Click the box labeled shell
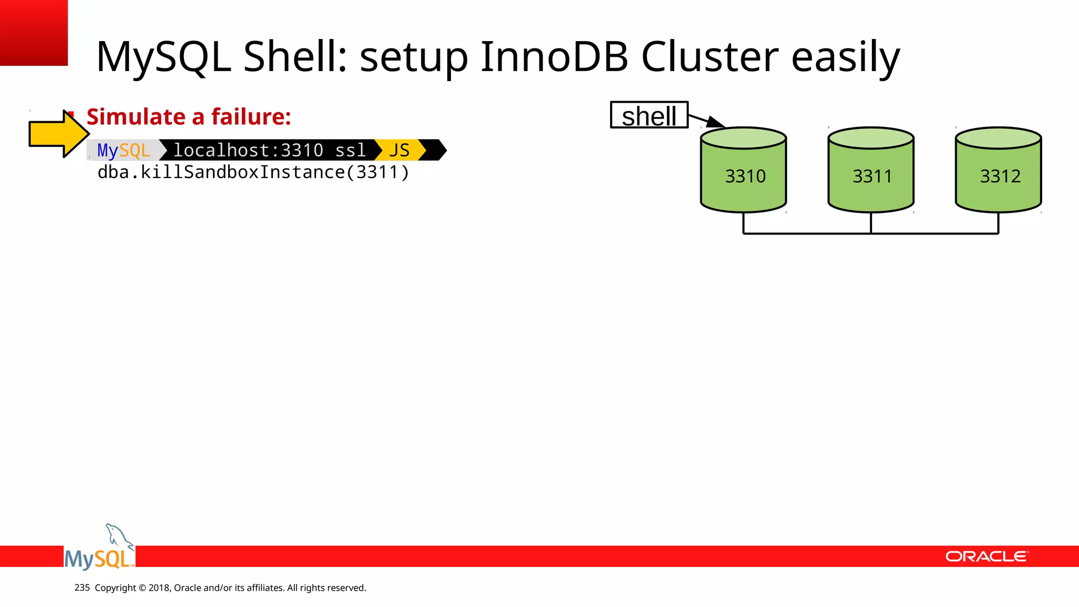point(649,115)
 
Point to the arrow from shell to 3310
point(706,120)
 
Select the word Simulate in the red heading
point(136,116)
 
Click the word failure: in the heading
point(251,116)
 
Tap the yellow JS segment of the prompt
point(399,150)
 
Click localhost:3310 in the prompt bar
point(248,150)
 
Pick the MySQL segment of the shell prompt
point(123,150)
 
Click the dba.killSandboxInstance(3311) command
point(253,172)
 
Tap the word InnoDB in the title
point(554,56)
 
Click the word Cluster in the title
point(709,56)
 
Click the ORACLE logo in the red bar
point(986,556)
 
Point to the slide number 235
point(82,588)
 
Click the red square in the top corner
point(34,32)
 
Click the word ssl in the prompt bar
point(350,150)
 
